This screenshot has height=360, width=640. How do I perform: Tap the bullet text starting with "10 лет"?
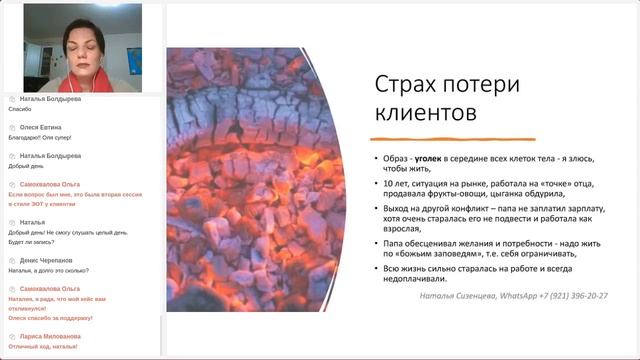click(x=490, y=190)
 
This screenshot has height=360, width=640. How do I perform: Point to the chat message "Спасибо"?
click(x=20, y=109)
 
